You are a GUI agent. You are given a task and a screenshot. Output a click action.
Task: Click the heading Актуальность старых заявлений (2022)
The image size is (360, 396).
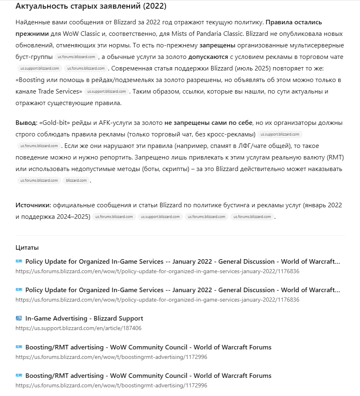tap(91, 6)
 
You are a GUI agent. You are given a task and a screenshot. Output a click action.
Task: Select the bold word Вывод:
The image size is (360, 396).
tap(26, 123)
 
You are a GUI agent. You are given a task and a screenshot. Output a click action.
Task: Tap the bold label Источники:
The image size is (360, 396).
tap(33, 205)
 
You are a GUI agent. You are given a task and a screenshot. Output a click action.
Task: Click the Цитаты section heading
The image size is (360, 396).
tap(27, 248)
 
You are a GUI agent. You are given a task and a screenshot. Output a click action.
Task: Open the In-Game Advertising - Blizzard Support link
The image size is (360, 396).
tap(84, 319)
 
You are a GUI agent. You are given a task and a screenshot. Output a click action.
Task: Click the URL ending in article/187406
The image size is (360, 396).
tap(78, 328)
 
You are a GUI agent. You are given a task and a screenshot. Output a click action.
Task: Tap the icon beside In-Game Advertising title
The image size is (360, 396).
tap(19, 319)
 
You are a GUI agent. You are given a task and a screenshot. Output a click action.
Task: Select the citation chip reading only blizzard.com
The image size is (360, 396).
tap(76, 180)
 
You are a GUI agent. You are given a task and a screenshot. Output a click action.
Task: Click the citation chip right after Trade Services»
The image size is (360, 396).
tap(107, 91)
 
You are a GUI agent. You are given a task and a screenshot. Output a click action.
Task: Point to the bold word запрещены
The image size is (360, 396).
tap(217, 45)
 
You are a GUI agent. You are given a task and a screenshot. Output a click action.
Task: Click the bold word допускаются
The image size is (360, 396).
tap(208, 57)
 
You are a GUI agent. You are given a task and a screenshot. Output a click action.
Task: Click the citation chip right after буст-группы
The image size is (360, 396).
tap(76, 57)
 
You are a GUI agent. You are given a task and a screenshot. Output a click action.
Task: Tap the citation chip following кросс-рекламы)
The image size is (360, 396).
tap(280, 134)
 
